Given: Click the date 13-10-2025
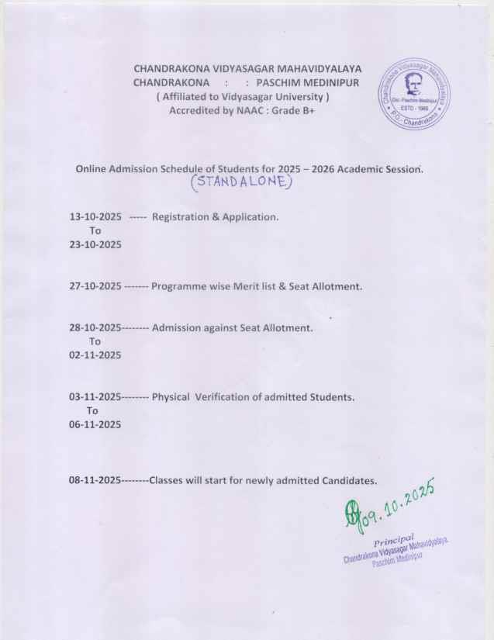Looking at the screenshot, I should point(95,216).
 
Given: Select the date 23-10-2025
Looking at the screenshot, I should point(95,244).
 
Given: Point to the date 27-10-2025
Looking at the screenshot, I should point(95,286).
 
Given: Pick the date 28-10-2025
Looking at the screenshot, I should point(95,328).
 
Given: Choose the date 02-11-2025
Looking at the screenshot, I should point(95,355).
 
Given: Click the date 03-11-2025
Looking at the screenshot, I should point(95,397).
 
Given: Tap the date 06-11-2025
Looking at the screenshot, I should point(95,424).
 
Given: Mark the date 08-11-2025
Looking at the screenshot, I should point(95,480).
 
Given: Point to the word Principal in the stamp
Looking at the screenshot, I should point(398,539).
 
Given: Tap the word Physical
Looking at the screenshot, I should point(171,397).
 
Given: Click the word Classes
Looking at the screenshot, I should point(167,480).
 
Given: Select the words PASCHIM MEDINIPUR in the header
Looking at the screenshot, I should point(309,82).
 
